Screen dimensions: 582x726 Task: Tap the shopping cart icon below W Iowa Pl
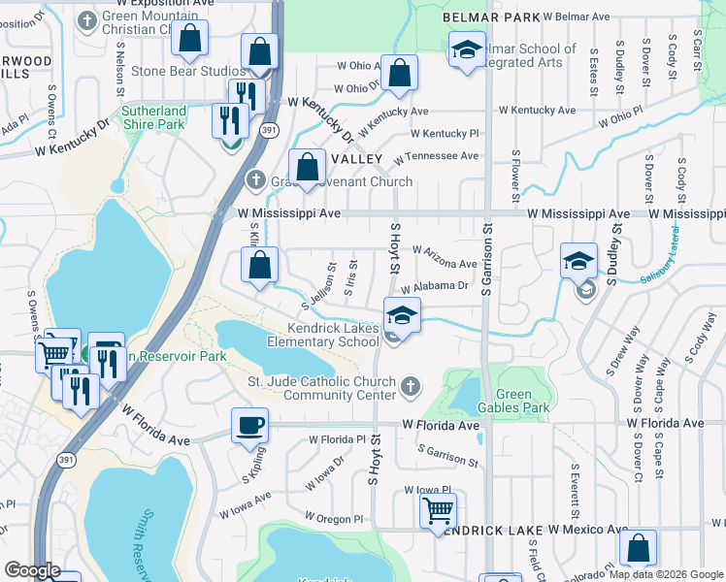[438, 509]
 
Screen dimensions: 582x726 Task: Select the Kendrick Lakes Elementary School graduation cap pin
[401, 314]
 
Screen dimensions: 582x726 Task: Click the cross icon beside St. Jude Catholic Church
[411, 388]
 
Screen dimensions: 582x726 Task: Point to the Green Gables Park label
[522, 401]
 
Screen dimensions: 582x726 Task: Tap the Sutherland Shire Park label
[153, 117]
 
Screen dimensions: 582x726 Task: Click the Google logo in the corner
[32, 570]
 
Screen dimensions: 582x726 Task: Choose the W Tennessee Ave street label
[444, 155]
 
